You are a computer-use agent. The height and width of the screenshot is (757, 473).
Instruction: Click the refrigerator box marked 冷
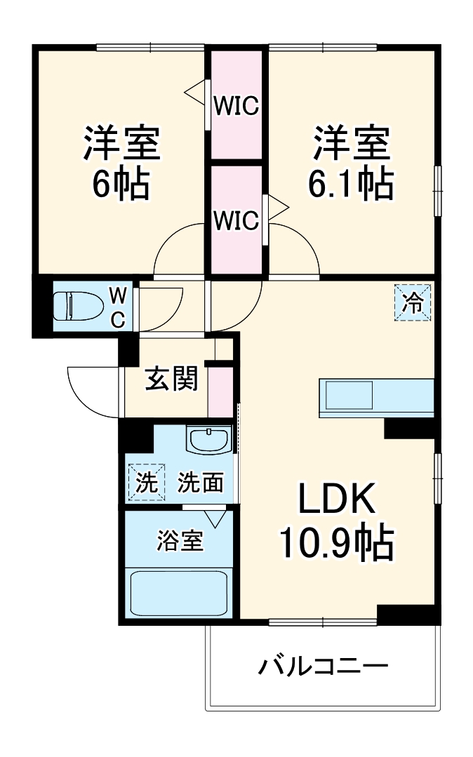point(413,302)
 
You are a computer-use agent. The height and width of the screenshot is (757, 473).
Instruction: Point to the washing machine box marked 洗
point(146,483)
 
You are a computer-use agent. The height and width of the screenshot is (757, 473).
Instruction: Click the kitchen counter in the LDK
point(377,397)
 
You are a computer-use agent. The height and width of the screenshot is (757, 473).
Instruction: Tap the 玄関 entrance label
point(171,380)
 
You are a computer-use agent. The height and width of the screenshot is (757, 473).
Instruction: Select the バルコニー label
point(323,666)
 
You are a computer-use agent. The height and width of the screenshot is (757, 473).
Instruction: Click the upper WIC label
point(236,107)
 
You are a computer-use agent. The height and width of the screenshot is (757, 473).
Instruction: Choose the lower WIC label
point(236,220)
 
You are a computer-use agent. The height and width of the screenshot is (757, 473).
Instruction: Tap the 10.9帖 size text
point(337,542)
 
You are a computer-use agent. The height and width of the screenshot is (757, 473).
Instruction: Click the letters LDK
point(338,500)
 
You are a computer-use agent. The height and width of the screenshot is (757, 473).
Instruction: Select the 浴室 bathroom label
point(180,541)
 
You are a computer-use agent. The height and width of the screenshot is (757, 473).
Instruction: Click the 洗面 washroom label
point(200,483)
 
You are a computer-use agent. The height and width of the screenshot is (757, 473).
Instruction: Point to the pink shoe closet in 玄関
point(218,390)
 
